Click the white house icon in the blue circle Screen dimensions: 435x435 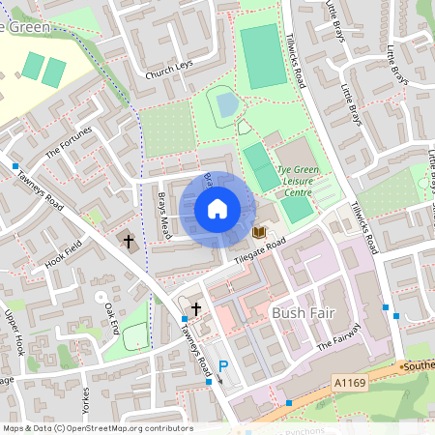(217, 208)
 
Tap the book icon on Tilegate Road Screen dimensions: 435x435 (258, 232)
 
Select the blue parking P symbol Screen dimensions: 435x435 (223, 367)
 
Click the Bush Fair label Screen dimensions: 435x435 (303, 313)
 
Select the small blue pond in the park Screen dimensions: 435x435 (226, 102)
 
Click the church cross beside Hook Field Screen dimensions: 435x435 (129, 239)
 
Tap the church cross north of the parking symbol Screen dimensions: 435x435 (196, 309)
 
